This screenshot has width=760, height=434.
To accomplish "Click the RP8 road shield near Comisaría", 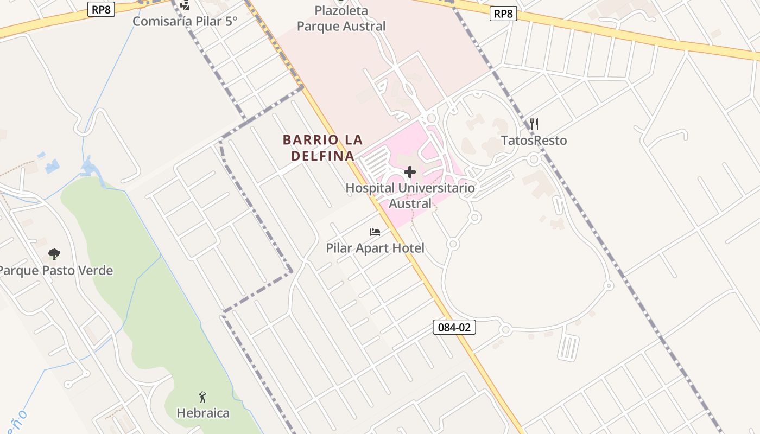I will pyautogui.click(x=101, y=9).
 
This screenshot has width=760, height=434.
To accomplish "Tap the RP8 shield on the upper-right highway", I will pyautogui.click(x=503, y=14).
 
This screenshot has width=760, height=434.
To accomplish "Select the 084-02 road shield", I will pyautogui.click(x=454, y=327).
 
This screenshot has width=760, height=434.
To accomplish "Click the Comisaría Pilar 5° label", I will pyautogui.click(x=185, y=21).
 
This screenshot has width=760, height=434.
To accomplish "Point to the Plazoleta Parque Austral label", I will pyautogui.click(x=341, y=18).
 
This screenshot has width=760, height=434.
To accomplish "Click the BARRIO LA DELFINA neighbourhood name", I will pyautogui.click(x=322, y=148).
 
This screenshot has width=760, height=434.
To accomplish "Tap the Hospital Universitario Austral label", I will pyautogui.click(x=410, y=195).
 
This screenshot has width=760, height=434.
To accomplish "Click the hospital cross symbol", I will pyautogui.click(x=410, y=173).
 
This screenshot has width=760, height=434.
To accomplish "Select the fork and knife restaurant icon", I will pyautogui.click(x=534, y=124).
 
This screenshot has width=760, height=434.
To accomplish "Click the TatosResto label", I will pyautogui.click(x=534, y=141).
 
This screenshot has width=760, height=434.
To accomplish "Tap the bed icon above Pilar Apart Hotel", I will pyautogui.click(x=375, y=232).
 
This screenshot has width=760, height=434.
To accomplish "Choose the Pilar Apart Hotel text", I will pyautogui.click(x=375, y=248).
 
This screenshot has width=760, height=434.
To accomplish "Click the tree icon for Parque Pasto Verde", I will pyautogui.click(x=54, y=254).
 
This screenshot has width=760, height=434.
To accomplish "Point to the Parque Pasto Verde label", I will pyautogui.click(x=56, y=270).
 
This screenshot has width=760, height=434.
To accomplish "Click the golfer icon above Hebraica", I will pyautogui.click(x=203, y=397).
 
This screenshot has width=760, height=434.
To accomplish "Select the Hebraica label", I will pyautogui.click(x=203, y=413).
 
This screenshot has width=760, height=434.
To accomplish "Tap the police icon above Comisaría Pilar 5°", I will pyautogui.click(x=185, y=5).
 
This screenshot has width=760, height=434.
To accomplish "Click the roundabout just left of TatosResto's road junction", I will pyautogui.click(x=534, y=159).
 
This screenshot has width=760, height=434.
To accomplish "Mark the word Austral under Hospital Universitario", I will pyautogui.click(x=410, y=203).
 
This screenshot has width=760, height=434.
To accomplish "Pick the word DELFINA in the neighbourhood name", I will pyautogui.click(x=322, y=156).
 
